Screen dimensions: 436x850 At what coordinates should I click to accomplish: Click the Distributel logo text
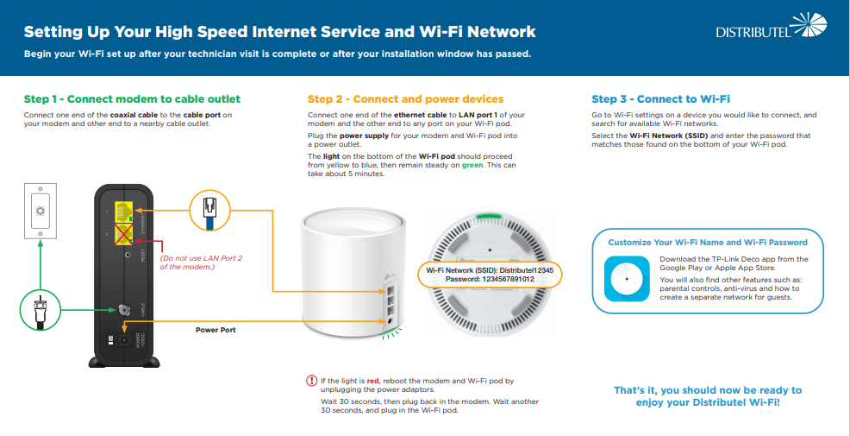[752, 33]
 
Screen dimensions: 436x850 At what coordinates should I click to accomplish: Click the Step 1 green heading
[132, 99]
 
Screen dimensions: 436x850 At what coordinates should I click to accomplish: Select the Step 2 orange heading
[405, 99]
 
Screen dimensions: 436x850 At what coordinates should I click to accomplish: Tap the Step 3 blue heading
[661, 99]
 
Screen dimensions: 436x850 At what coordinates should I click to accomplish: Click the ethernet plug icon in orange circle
[210, 210]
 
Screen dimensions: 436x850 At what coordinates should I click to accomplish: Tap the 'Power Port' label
[216, 330]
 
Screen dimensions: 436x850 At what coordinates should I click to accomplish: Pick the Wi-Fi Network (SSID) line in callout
[490, 270]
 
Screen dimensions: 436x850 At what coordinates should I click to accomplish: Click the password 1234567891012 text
[490, 281]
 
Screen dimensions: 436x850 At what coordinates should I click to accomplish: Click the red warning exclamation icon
[312, 381]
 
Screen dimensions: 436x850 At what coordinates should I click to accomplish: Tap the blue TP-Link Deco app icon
[627, 278]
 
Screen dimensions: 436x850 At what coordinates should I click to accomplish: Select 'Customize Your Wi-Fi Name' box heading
[707, 243]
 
